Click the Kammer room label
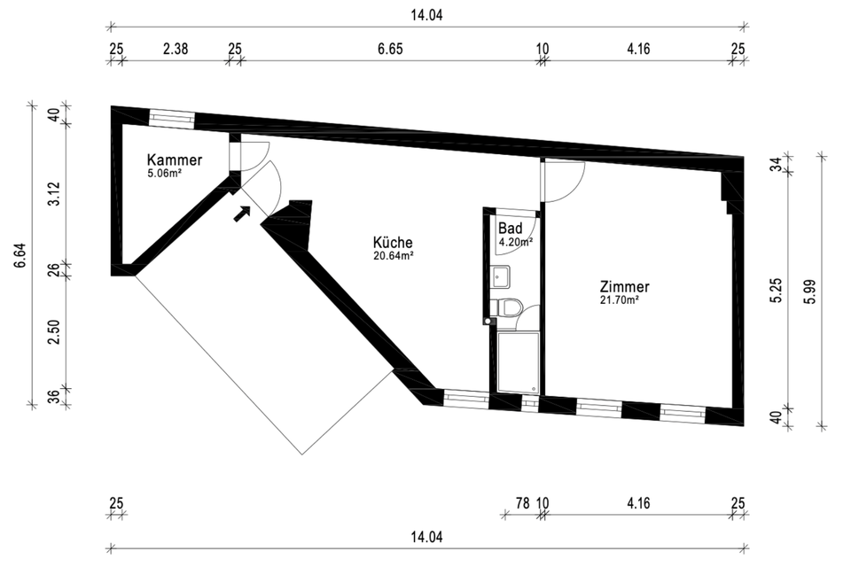[175, 160]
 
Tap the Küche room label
[393, 242]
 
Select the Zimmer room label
[625, 287]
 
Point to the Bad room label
[511, 228]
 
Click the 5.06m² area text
[166, 175]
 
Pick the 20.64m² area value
[394, 257]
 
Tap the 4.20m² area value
[514, 241]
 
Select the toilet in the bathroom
[509, 309]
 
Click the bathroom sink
[502, 277]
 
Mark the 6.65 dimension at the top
[390, 50]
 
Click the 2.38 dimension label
[176, 50]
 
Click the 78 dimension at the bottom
[522, 503]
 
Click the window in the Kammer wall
[171, 117]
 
